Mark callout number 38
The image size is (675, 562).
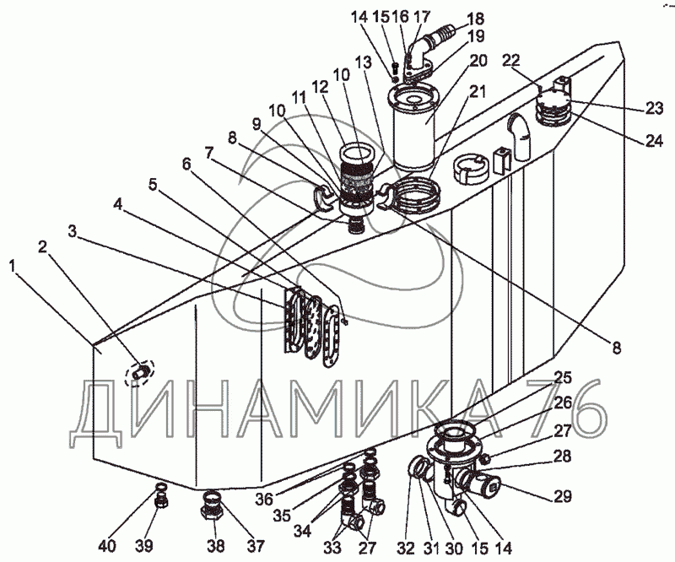(217, 546)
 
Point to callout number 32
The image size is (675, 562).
(406, 546)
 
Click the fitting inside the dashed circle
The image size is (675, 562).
(140, 370)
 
